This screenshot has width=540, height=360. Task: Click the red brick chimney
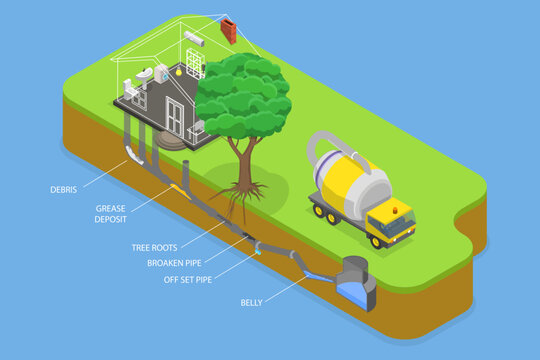click(229, 30)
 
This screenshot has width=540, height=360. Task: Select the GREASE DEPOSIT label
click(111, 214)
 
